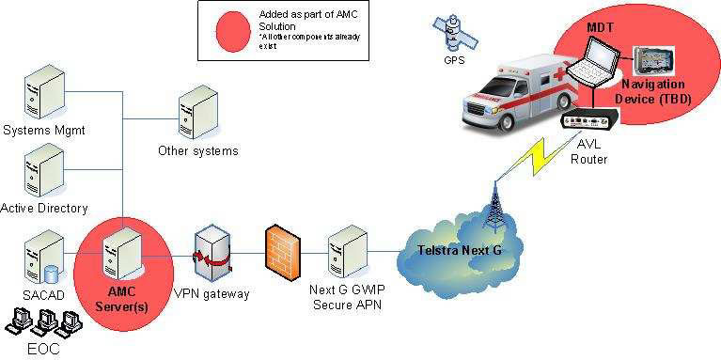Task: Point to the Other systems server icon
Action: (x=197, y=113)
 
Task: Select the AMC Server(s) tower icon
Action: (x=123, y=252)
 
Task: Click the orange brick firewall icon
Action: (x=279, y=252)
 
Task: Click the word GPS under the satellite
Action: (x=455, y=60)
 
